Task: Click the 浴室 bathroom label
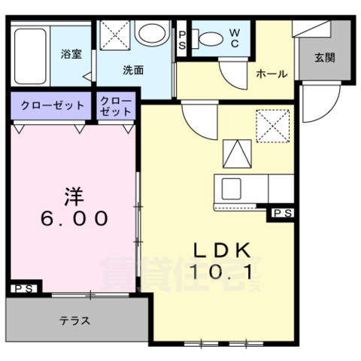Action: (x=71, y=54)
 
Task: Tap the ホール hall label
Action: (x=271, y=73)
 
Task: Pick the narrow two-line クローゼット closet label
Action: (x=116, y=106)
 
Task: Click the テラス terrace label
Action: (x=75, y=320)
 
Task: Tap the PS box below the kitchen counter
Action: (x=282, y=215)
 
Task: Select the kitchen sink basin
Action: (x=230, y=187)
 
